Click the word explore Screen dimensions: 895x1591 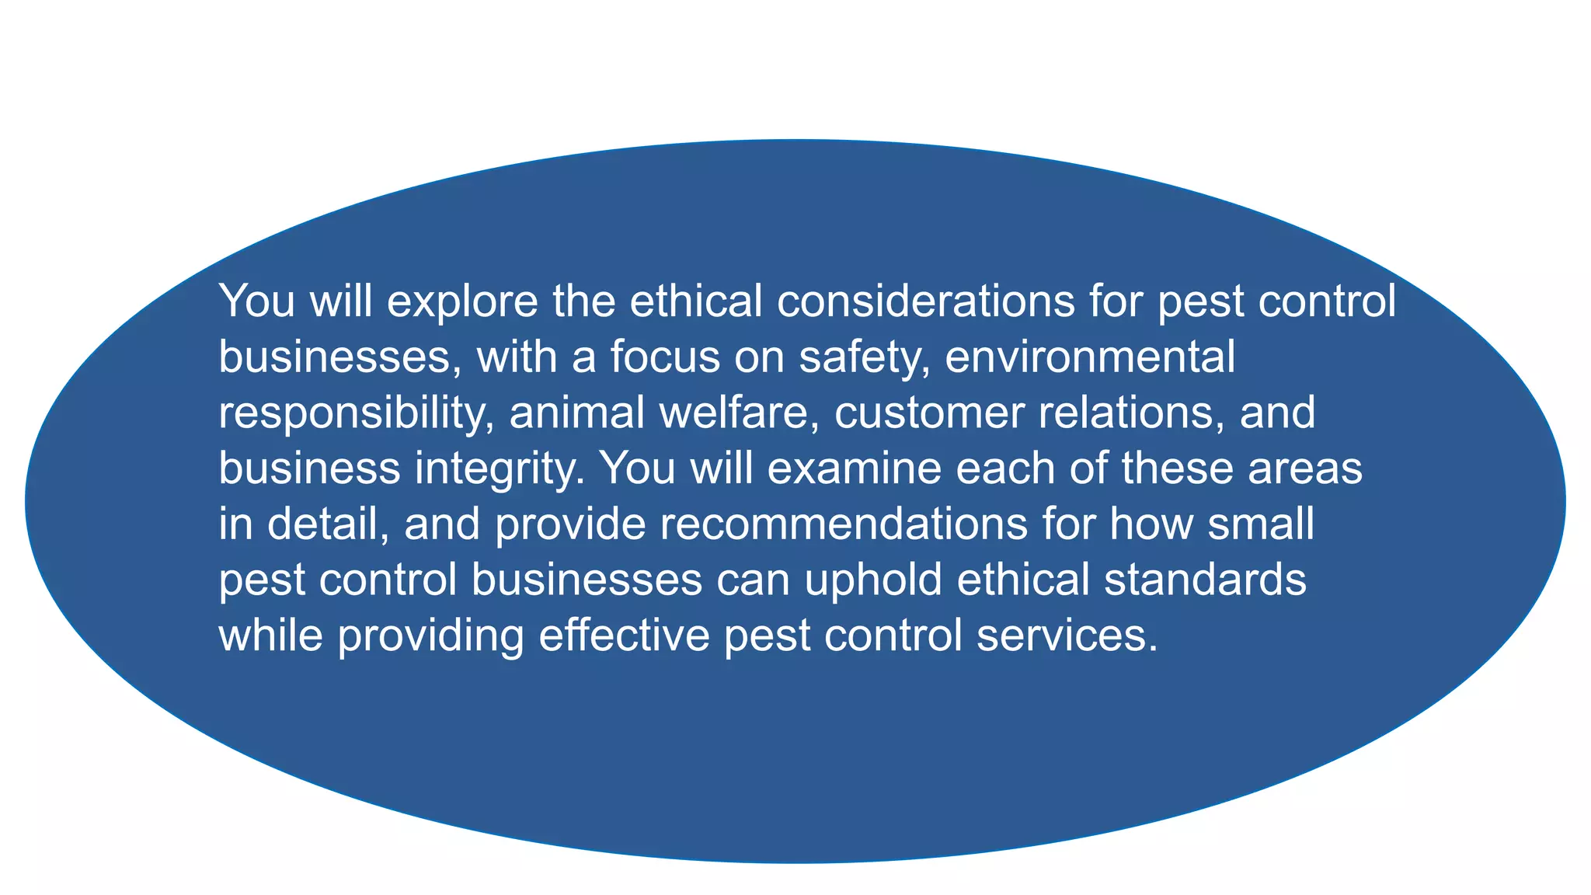tap(461, 301)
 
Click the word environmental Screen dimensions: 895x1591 tap(1089, 357)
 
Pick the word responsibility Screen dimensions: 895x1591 tap(357, 413)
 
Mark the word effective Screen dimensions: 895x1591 tap(624, 636)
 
